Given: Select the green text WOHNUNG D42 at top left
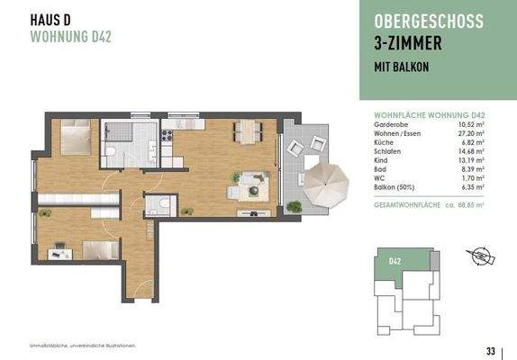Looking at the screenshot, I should point(69,37).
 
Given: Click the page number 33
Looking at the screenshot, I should point(490,350).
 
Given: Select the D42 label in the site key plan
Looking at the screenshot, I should point(395,261).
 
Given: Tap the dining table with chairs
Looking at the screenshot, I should point(246,131).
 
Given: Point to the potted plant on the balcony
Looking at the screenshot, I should point(295,208).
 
